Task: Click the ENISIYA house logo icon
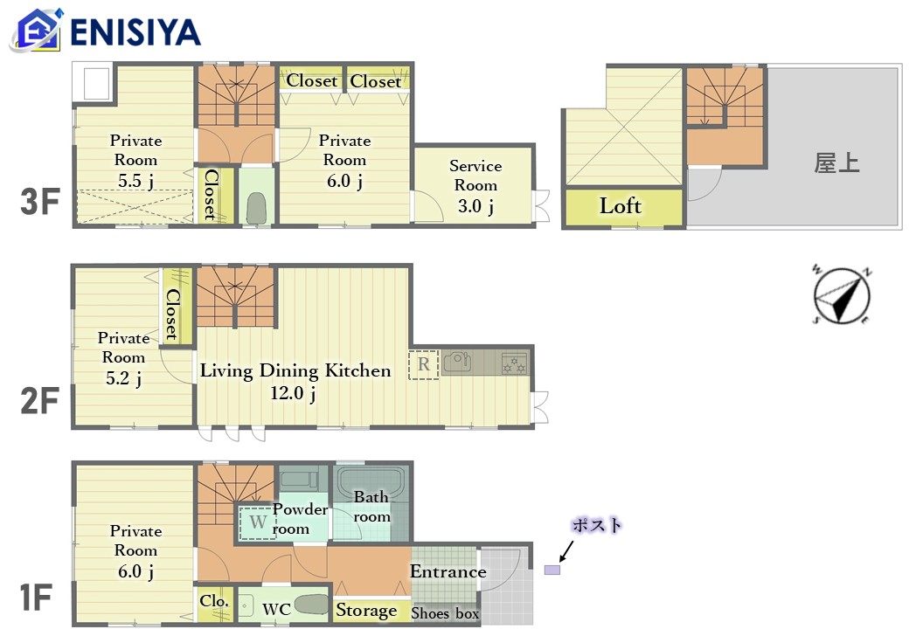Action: [36, 30]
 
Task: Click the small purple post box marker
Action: [552, 570]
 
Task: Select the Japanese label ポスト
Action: [596, 525]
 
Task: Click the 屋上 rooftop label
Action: [836, 162]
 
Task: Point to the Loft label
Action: [621, 205]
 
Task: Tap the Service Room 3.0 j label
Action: [475, 185]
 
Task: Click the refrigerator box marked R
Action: [424, 364]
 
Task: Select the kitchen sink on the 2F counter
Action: [457, 362]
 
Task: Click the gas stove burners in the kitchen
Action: [514, 363]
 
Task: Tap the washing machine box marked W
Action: [258, 522]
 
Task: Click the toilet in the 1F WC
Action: [311, 605]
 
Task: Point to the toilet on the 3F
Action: [255, 208]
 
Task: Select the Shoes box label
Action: [445, 612]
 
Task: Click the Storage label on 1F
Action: [366, 610]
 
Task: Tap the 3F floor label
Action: [40, 202]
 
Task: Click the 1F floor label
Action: [36, 598]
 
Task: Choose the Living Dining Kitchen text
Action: [295, 370]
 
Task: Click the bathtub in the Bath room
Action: [371, 484]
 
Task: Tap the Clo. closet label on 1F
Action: [214, 601]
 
